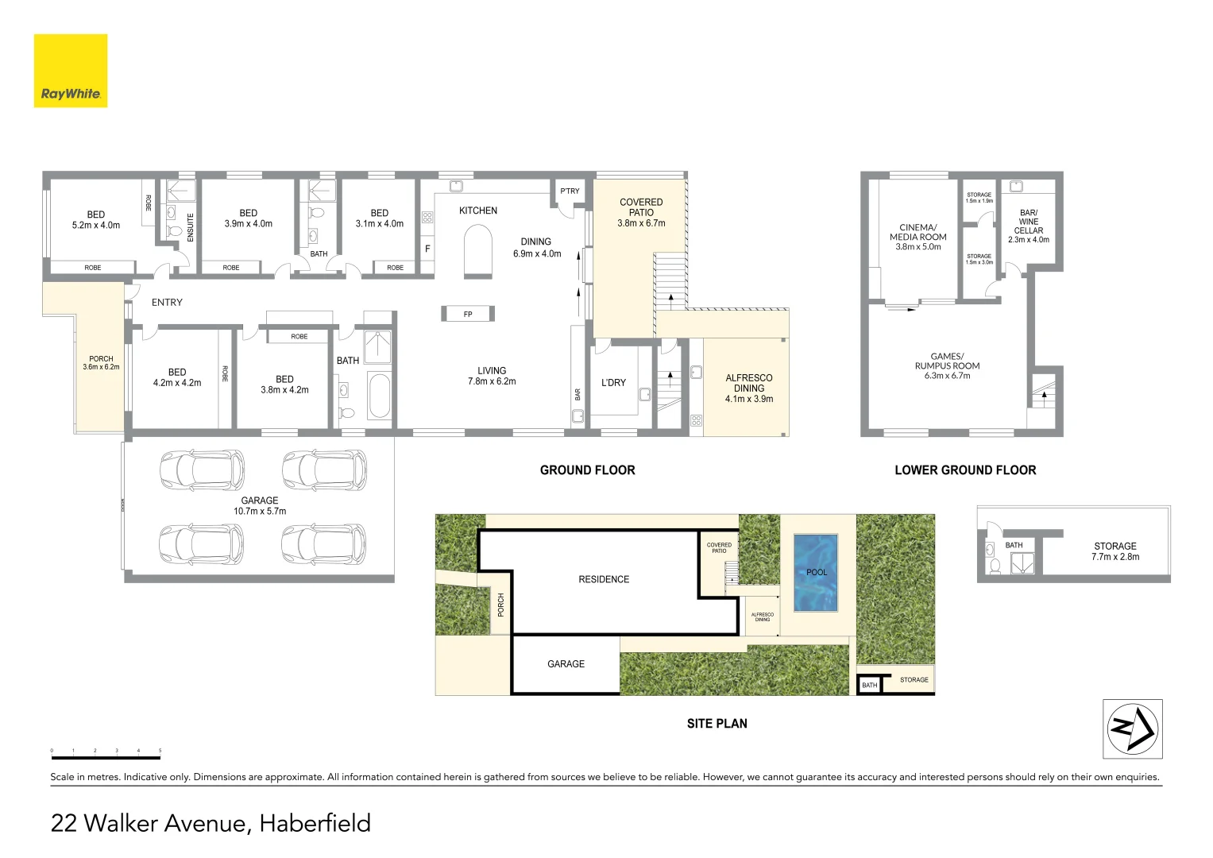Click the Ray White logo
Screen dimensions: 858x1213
(71, 71)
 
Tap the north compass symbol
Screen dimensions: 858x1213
(1132, 729)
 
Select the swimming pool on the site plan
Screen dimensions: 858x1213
(816, 573)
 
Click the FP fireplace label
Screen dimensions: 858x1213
(468, 315)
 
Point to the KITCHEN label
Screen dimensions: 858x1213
(478, 211)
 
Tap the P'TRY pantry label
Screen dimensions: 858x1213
(570, 191)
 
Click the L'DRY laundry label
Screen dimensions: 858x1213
(613, 383)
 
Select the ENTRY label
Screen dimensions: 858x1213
(167, 303)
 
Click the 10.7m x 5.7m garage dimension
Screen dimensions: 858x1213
(260, 512)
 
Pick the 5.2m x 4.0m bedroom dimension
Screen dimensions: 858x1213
(96, 226)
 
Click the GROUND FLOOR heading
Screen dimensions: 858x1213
(587, 470)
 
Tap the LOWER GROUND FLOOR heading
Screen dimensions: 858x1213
(965, 470)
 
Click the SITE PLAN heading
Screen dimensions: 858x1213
(717, 724)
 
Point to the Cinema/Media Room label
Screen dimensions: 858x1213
(917, 232)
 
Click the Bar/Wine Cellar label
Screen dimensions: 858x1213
(1028, 222)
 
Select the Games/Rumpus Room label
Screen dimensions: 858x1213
(947, 361)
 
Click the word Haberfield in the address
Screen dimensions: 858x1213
(315, 823)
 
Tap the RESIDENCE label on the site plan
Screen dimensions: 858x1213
(604, 580)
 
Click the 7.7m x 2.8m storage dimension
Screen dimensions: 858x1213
(1114, 557)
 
